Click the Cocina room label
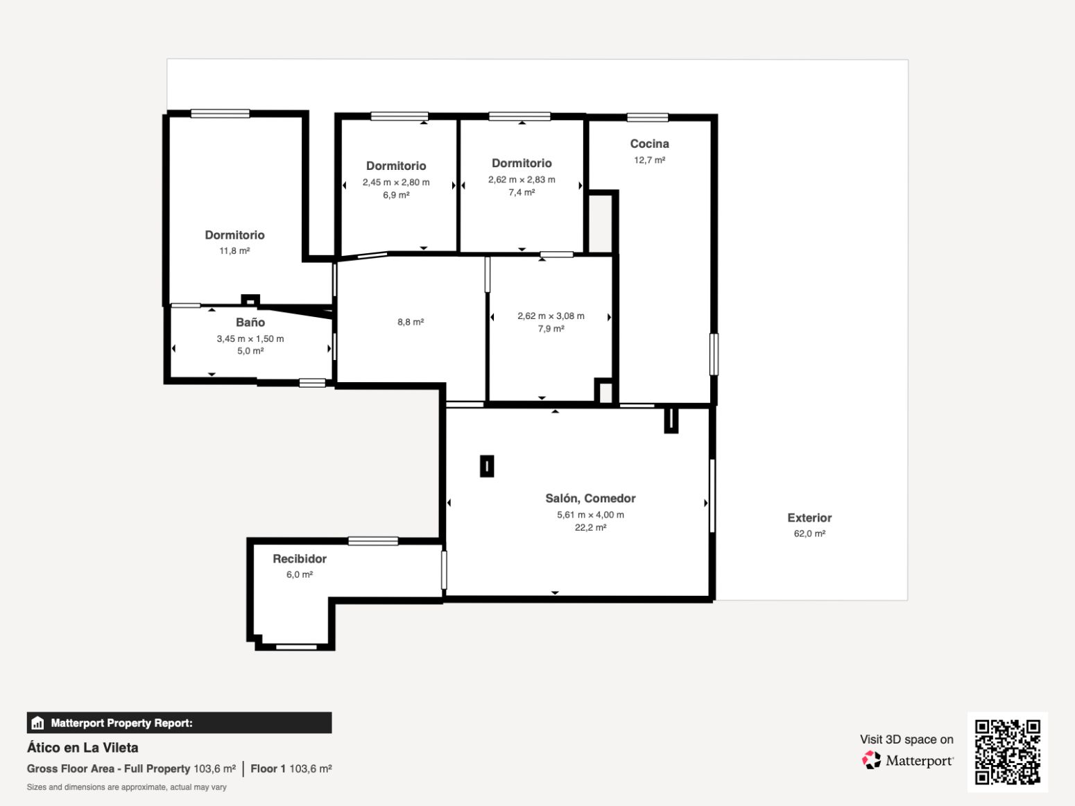pyautogui.click(x=649, y=144)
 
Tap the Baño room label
pyautogui.click(x=250, y=323)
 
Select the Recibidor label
pyautogui.click(x=299, y=558)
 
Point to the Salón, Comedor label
pyautogui.click(x=590, y=499)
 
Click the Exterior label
pyautogui.click(x=809, y=517)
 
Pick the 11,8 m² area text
pyautogui.click(x=234, y=250)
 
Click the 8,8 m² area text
pyautogui.click(x=411, y=322)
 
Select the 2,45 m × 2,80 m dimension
pyautogui.click(x=396, y=182)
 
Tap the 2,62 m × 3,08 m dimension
pyautogui.click(x=551, y=316)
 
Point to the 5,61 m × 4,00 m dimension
pyautogui.click(x=590, y=515)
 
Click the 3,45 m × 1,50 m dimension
pyautogui.click(x=250, y=339)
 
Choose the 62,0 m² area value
pyautogui.click(x=809, y=533)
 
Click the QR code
pyautogui.click(x=1008, y=752)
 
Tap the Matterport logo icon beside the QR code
pyautogui.click(x=871, y=760)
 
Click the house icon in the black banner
pyautogui.click(x=37, y=723)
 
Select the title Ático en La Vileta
pyautogui.click(x=83, y=748)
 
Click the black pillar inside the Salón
pyautogui.click(x=487, y=466)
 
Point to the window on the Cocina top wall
pyautogui.click(x=648, y=117)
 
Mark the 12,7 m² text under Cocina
pyautogui.click(x=649, y=160)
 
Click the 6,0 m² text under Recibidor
pyautogui.click(x=299, y=574)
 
